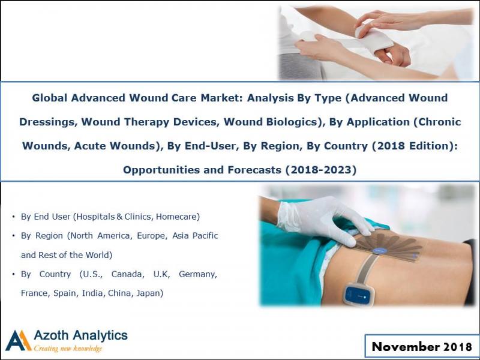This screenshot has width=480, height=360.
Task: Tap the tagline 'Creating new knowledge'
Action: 68,349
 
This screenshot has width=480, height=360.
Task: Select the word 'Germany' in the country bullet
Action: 199,274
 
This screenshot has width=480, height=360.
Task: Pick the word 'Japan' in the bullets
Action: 150,293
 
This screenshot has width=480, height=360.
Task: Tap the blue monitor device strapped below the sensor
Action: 359,295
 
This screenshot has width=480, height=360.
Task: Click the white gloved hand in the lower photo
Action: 324,217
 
